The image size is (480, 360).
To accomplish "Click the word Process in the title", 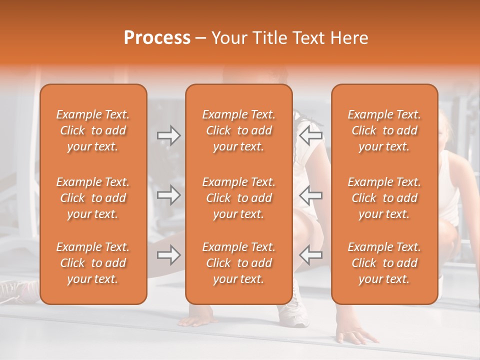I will point(157,38).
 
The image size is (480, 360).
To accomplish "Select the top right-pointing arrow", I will point(168,135).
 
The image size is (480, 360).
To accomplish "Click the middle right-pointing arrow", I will point(168,195).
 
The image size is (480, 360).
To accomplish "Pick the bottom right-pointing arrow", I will point(168,255).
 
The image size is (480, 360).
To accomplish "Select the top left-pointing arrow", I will point(310,135).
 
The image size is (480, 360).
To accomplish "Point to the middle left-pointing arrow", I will point(310,195).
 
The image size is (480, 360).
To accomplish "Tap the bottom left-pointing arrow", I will point(310,255).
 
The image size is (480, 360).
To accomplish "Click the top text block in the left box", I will point(93,130).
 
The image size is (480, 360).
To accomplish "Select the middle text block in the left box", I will point(93,198).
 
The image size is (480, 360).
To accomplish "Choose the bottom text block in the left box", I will point(93,263).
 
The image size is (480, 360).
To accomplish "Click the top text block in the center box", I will point(239,130).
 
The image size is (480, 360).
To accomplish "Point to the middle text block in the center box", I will point(239,198).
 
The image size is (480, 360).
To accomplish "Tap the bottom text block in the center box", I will point(239,263).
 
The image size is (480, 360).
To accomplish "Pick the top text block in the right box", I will point(384,130).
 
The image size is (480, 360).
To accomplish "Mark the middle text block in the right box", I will point(384,198).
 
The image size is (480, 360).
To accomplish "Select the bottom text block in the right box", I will point(384,263).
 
